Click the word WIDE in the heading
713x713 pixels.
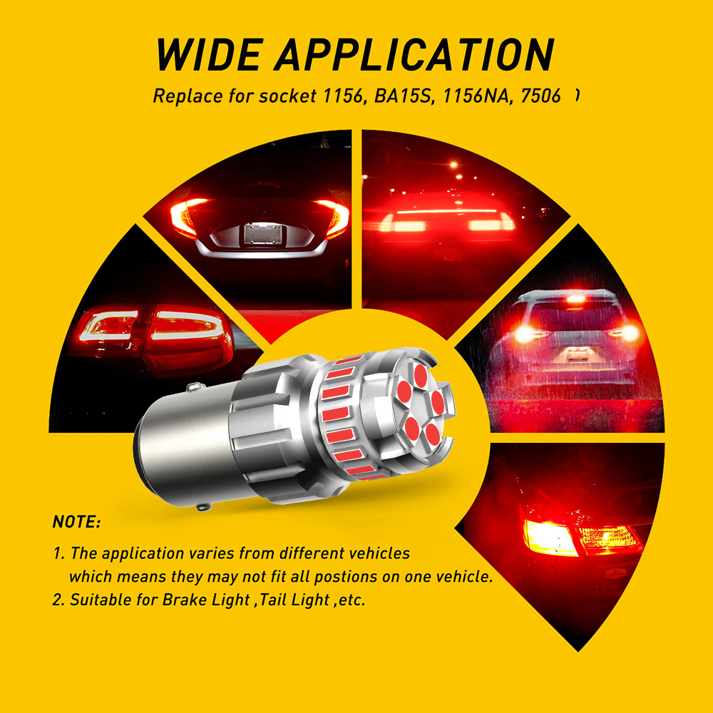pyautogui.click(x=209, y=55)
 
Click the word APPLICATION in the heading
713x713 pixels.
pyautogui.click(x=414, y=55)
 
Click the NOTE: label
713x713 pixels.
pyautogui.click(x=76, y=522)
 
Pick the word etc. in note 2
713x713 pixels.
pyautogui.click(x=352, y=600)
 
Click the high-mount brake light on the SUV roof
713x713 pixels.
pyautogui.click(x=575, y=299)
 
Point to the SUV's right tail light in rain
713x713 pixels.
pyautogui.click(x=627, y=333)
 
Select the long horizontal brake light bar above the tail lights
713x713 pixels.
pyautogui.click(x=446, y=212)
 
